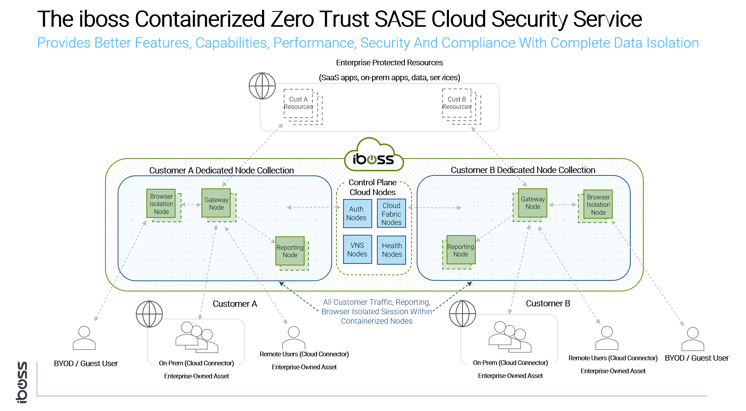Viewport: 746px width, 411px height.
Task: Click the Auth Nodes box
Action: [357, 214]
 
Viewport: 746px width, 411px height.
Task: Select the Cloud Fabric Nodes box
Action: [391, 214]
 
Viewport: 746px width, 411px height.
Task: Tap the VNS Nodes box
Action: [357, 249]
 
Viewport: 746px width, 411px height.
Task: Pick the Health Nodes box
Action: [391, 250]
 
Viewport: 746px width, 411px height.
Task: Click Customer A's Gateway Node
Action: [216, 203]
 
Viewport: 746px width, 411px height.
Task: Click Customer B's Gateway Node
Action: [532, 203]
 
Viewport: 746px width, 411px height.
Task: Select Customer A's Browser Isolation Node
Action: [161, 204]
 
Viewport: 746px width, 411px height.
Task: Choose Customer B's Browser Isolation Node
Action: [598, 205]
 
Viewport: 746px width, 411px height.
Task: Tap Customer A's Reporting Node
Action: [290, 251]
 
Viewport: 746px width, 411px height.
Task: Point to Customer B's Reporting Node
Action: [461, 250]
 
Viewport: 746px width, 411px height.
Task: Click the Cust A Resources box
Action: [299, 103]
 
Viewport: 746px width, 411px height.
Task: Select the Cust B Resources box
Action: [457, 103]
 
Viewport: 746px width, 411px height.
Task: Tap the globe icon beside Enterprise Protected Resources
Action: [262, 86]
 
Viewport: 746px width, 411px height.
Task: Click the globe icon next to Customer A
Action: [149, 314]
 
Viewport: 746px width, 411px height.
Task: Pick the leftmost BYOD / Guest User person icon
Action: [84, 338]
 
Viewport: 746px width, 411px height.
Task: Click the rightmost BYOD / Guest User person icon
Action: [692, 339]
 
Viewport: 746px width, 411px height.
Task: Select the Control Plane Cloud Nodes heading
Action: [373, 187]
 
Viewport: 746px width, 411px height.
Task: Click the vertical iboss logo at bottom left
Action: [22, 382]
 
